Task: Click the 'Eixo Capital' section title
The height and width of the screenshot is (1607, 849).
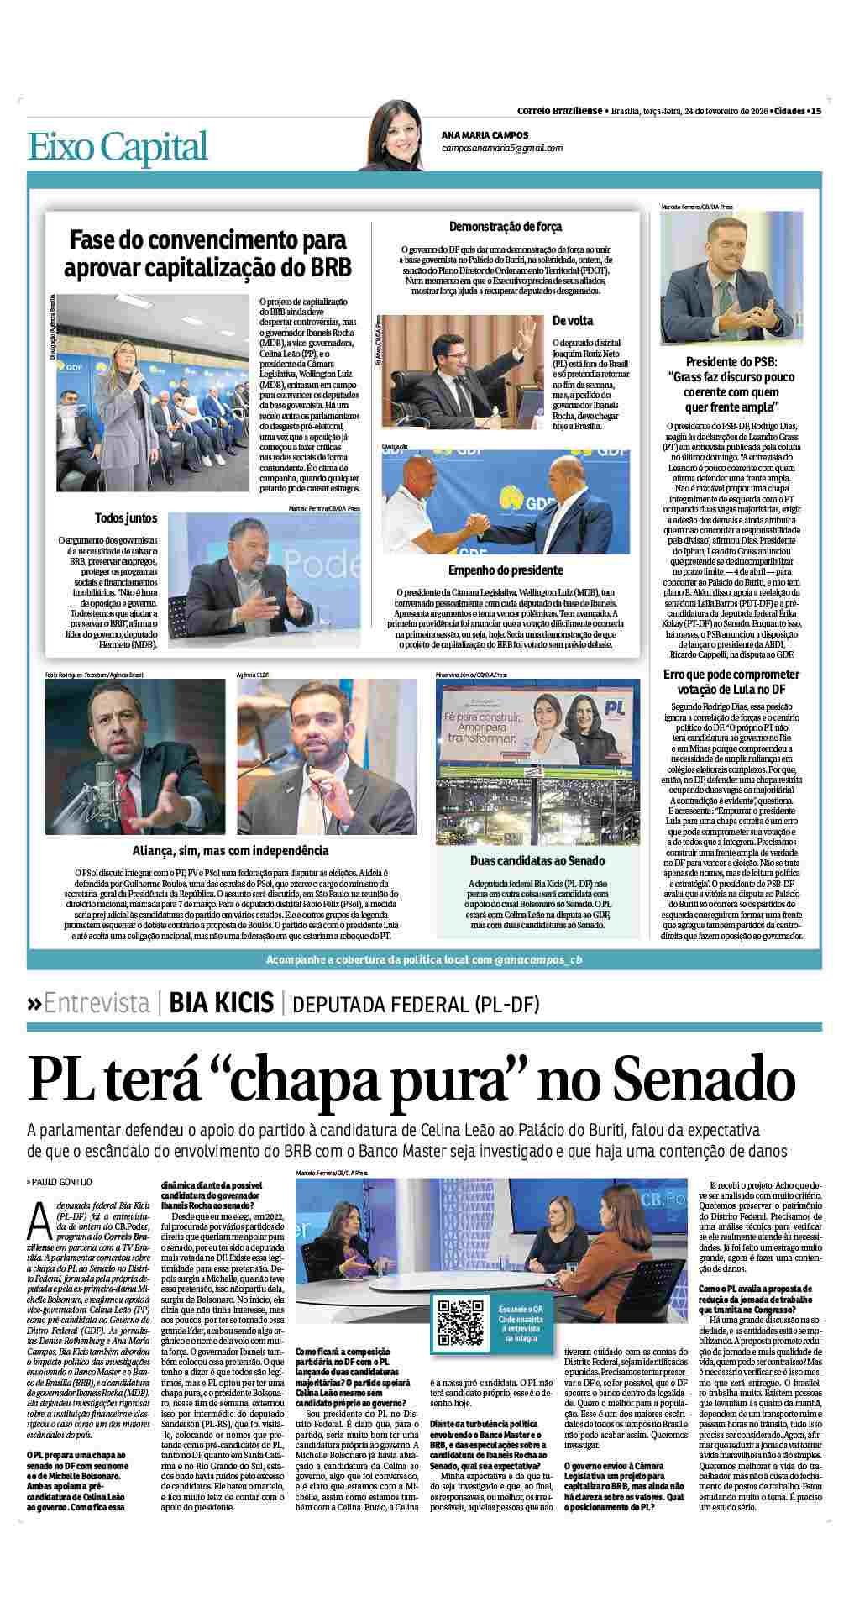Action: (x=118, y=146)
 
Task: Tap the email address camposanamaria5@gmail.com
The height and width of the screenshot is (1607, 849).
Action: (x=502, y=148)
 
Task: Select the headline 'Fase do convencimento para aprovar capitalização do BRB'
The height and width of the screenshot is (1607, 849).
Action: (x=207, y=254)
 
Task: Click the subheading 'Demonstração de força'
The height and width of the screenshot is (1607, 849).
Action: (x=506, y=227)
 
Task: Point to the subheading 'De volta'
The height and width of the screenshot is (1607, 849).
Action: (x=572, y=321)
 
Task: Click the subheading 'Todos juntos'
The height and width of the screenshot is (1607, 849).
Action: (x=126, y=518)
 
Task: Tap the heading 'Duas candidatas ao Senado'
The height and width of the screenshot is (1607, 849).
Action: (x=537, y=860)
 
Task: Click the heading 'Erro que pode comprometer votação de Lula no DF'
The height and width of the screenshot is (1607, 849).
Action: (x=731, y=681)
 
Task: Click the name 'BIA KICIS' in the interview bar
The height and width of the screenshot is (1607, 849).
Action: (x=222, y=1002)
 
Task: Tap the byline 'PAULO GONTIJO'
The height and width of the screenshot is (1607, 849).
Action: (x=63, y=1183)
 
